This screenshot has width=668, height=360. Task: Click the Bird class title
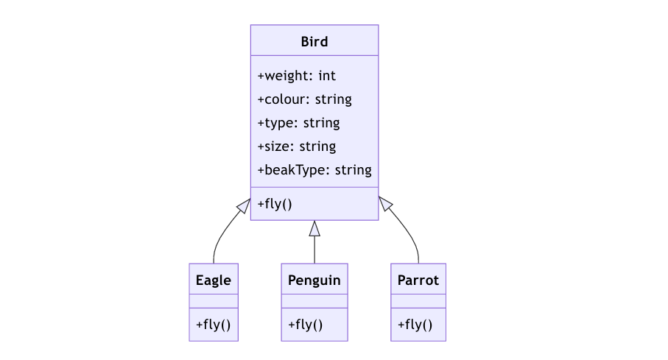(314, 42)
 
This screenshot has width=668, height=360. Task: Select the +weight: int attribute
(297, 76)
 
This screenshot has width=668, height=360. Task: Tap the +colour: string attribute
(305, 99)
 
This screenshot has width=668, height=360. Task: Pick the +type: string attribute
(298, 123)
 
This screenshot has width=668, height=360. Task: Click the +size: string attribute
(297, 147)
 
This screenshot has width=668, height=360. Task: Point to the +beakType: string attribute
(314, 170)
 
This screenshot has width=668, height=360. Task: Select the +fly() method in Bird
(275, 204)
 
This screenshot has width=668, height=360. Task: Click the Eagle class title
(214, 280)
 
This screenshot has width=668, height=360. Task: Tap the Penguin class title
(314, 280)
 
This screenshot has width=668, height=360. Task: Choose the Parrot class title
(418, 280)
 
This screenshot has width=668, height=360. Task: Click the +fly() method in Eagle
(214, 325)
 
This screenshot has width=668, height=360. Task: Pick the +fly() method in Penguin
(306, 325)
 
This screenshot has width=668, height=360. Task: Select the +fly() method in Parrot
(415, 325)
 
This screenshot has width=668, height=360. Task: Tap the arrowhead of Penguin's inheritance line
(314, 228)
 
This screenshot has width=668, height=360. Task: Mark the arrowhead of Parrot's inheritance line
(384, 203)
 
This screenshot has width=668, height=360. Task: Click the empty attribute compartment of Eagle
(214, 301)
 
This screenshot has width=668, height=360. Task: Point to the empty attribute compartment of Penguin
(314, 301)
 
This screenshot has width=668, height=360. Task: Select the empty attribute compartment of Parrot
(418, 301)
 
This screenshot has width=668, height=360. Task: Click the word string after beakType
(354, 170)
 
